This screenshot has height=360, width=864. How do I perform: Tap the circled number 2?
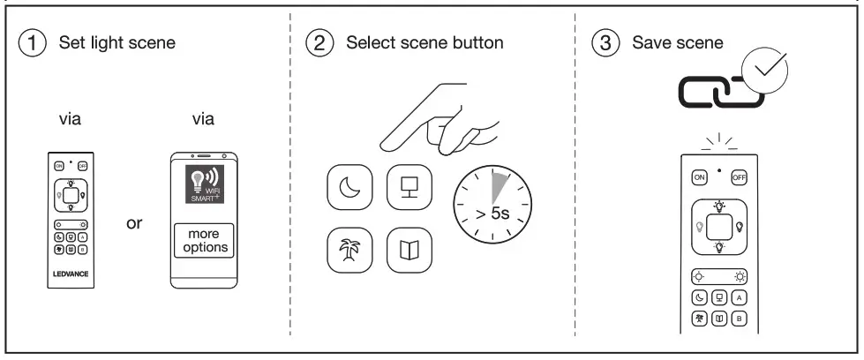click(319, 42)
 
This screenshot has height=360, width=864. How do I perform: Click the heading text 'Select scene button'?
click(424, 42)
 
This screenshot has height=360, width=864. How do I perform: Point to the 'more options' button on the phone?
click(205, 240)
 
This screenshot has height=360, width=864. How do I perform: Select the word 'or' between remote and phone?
click(134, 223)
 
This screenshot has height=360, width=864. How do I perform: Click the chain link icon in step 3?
click(711, 93)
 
